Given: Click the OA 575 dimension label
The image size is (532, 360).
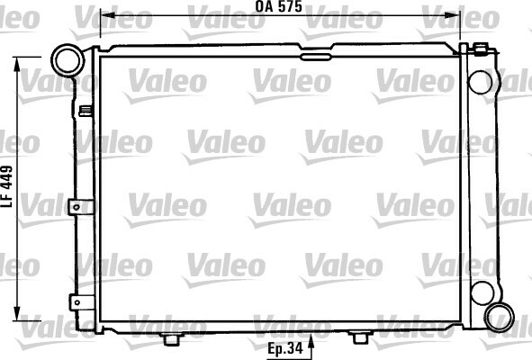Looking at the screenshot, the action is pos(278,6).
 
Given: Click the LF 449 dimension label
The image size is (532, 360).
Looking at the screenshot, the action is pos(7,186).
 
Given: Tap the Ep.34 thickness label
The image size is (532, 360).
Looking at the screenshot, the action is pos(284,348).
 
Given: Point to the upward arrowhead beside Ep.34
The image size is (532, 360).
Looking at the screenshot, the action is pos(311,341).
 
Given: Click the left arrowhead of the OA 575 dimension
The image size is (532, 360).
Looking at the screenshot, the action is pos(107,15).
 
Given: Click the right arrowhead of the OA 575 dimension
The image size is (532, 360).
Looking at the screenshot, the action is pos(454,15).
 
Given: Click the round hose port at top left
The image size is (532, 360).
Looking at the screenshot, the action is pos(68,60).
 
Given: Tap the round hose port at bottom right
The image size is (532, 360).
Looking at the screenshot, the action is pos(499,318).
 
